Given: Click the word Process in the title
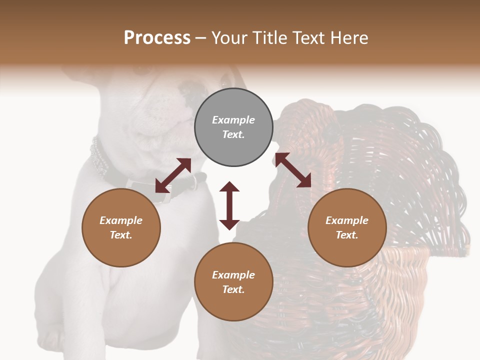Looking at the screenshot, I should pos(157,38).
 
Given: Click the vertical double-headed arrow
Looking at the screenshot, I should pos(229,205).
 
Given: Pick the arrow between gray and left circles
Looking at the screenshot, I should pos(173,175).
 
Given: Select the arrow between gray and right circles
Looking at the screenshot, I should pos(292,170).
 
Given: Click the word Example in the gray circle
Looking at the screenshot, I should pos(233,120).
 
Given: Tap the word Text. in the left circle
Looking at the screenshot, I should pos(121,235).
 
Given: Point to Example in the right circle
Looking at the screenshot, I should pos(347,220).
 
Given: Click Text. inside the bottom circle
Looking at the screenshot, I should pos(233,289).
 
